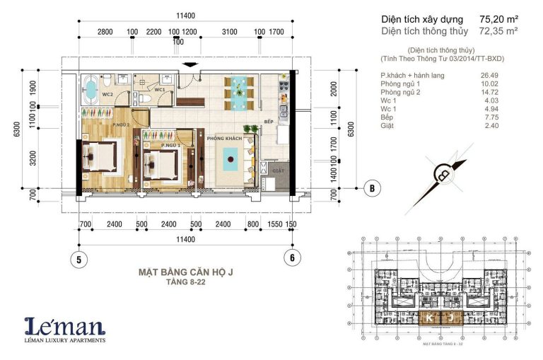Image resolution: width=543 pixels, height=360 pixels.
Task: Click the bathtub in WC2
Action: pos(91,88)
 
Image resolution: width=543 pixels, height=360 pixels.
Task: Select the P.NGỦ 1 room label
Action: pos(170,145)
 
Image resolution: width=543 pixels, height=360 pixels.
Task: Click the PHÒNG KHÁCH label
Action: pos(224,138)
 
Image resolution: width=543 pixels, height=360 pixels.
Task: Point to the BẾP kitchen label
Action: pos(268,122)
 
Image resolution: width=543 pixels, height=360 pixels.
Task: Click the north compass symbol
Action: pos(445,173)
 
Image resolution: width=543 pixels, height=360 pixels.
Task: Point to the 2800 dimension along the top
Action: pos(105,32)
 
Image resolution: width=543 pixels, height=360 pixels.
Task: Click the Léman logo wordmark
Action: pos(65,326)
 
